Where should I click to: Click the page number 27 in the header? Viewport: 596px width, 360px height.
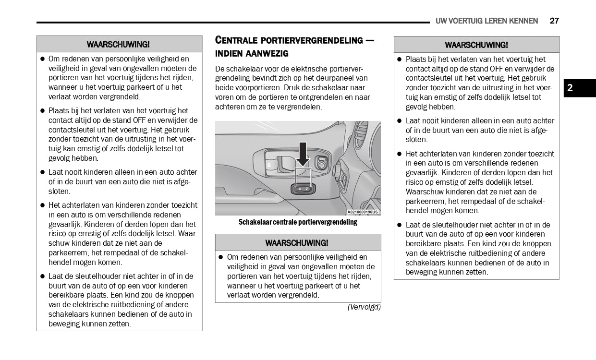coord(554,21)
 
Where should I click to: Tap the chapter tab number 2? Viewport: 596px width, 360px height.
coord(570,88)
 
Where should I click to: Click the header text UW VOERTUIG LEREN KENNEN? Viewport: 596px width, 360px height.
coord(487,21)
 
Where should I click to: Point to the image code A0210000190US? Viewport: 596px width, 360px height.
coord(363,212)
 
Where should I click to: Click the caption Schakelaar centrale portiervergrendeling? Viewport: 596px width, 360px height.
coord(298,222)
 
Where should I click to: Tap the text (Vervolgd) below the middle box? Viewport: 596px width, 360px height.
coord(364,307)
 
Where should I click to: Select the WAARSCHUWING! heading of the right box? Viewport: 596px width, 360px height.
coord(476,45)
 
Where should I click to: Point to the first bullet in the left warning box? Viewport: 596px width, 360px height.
coord(42,59)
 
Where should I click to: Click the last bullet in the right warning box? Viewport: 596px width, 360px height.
coord(400,225)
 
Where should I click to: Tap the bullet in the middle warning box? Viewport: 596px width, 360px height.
coord(221,257)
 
